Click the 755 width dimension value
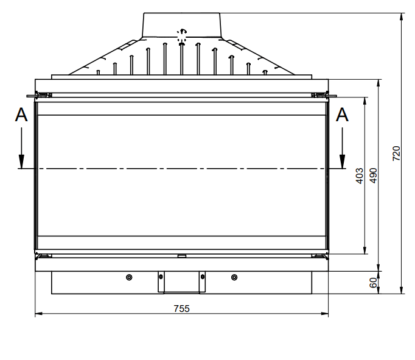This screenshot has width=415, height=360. tap(181, 308)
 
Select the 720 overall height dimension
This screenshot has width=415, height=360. tap(396, 153)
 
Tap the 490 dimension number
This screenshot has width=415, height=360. tap(373, 175)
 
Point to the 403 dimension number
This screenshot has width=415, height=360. tap(359, 175)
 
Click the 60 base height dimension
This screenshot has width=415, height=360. tap(373, 281)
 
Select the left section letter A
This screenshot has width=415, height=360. tap(21, 115)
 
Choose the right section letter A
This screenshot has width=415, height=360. tap(343, 115)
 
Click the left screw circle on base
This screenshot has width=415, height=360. tap(128, 278)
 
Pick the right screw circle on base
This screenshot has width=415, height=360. tap(235, 278)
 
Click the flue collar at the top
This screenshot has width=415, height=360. tap(181, 24)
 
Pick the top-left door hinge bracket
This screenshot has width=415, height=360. tap(41, 94)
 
